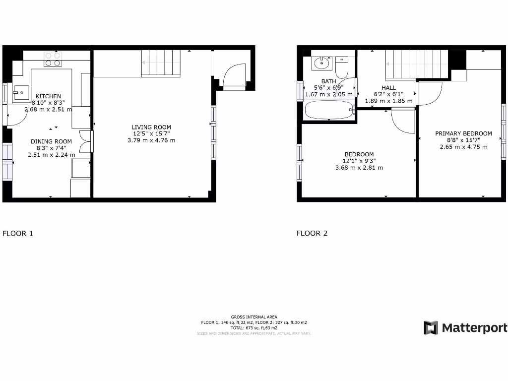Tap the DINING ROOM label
point(52,141)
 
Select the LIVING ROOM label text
point(151,127)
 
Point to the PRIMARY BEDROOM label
point(463,133)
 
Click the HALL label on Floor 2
point(388,88)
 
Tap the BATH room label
point(328,81)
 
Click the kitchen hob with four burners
point(53,60)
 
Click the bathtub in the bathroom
point(328,110)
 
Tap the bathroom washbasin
point(322,63)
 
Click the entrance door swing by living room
point(234,75)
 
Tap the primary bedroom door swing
point(429,93)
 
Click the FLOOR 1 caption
point(18,233)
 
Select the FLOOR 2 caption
point(312,233)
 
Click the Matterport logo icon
point(431,328)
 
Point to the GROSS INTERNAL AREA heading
point(254,317)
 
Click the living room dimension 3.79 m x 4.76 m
point(151,140)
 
